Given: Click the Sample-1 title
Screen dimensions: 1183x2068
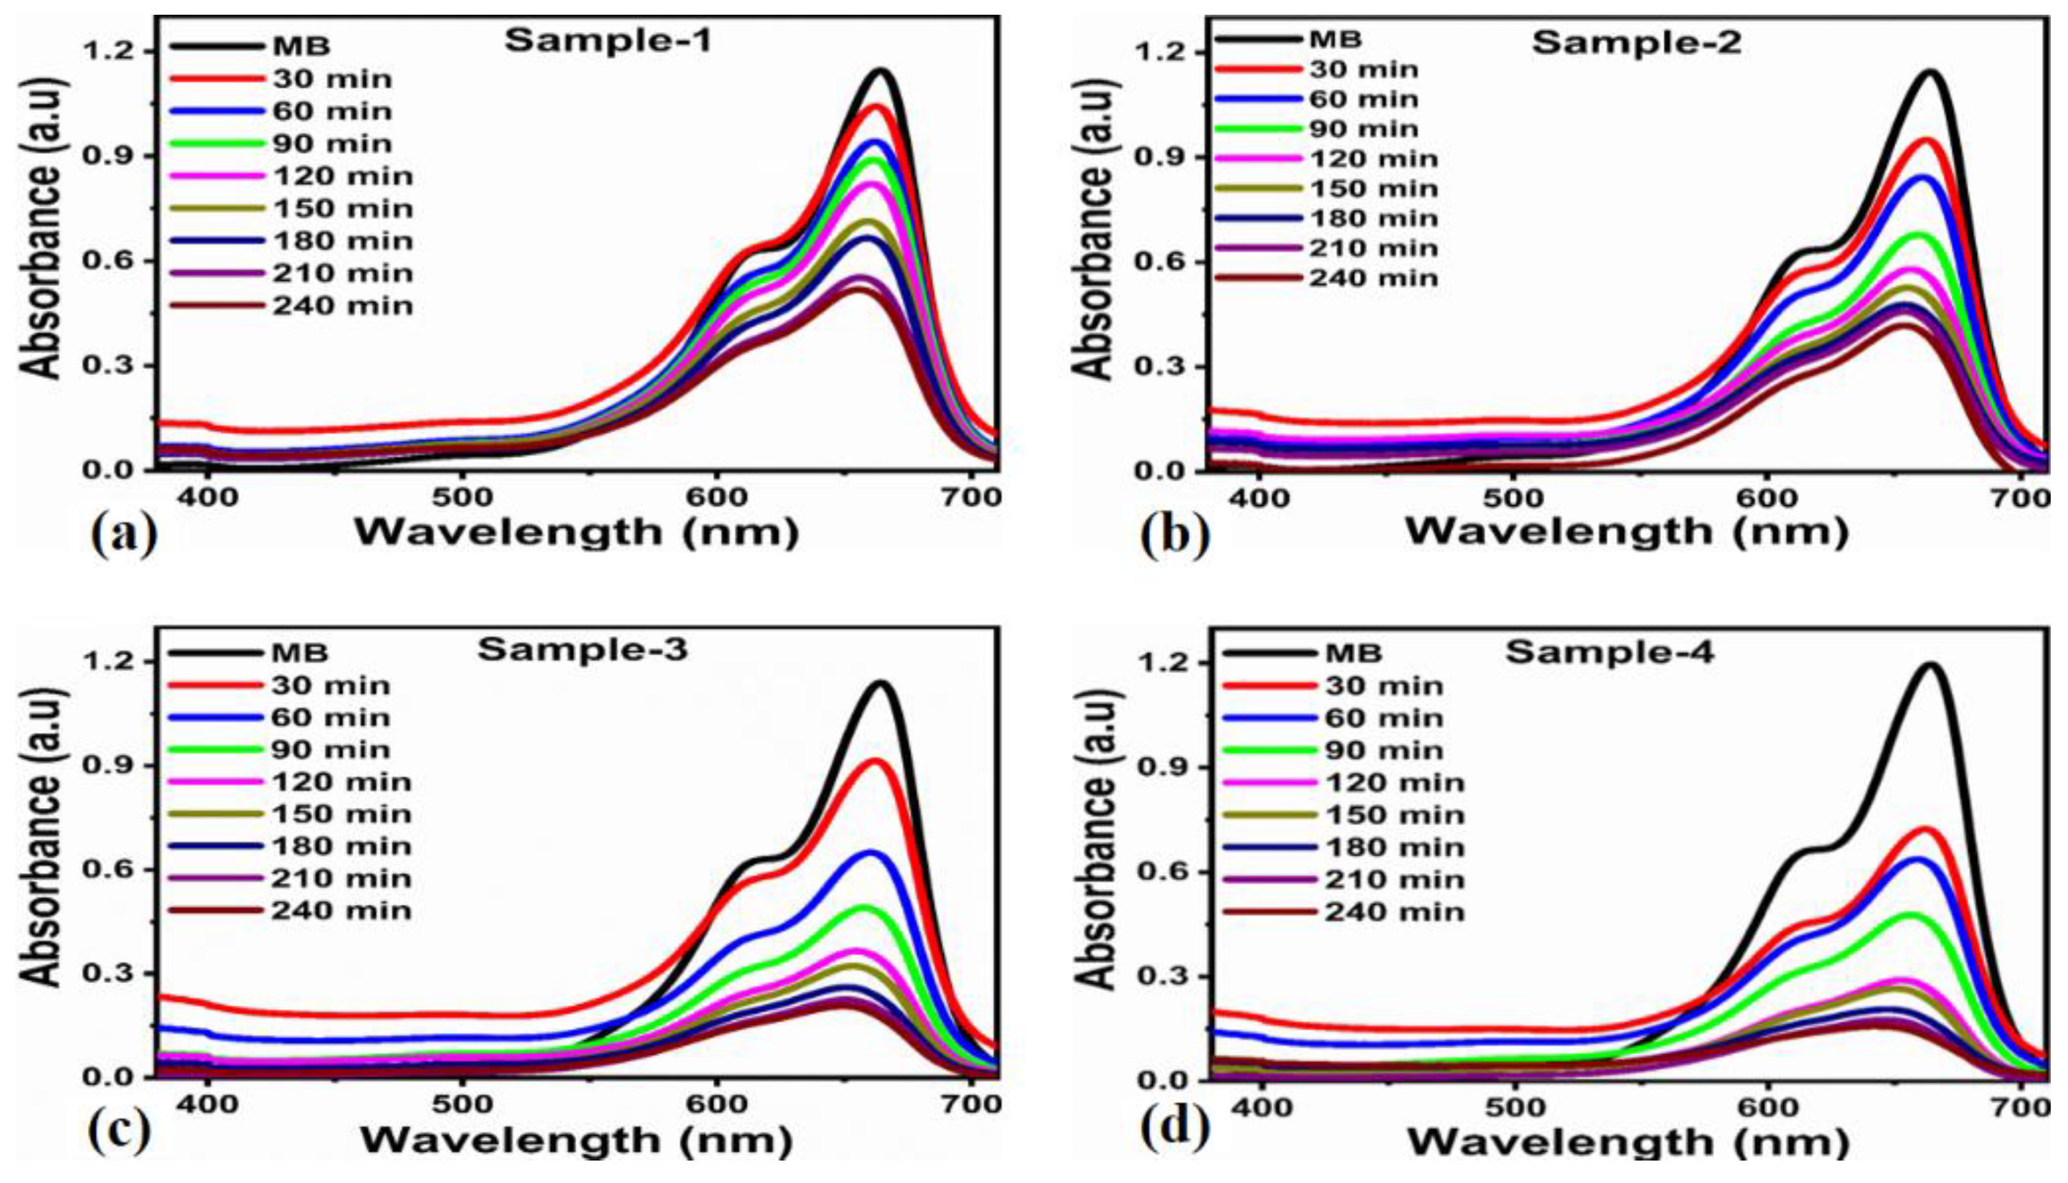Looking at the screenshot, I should [x=608, y=40].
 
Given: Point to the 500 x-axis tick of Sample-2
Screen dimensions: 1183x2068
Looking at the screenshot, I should [x=1512, y=498].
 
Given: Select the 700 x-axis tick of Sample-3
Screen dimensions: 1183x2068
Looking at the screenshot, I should [x=972, y=1104].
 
